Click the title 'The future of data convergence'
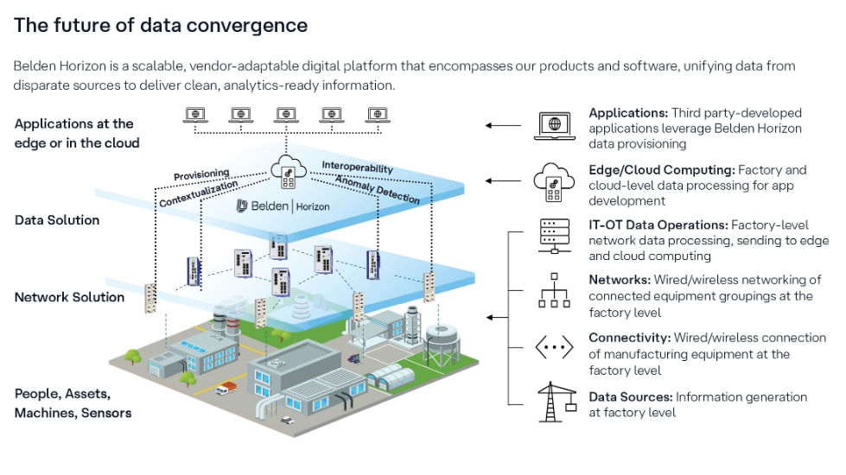(161, 26)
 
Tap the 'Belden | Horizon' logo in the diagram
(283, 206)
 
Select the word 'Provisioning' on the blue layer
(201, 175)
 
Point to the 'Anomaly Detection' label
(377, 190)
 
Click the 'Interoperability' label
(357, 168)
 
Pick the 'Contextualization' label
(198, 193)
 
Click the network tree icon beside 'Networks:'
(554, 291)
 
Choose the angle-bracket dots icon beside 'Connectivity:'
(554, 348)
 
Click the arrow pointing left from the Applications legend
(502, 125)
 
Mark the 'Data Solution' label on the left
(57, 220)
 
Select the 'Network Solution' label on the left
(69, 297)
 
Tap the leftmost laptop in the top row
(195, 114)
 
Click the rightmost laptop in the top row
(377, 114)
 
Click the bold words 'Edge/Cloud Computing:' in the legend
(661, 170)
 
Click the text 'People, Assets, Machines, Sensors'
(73, 403)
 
